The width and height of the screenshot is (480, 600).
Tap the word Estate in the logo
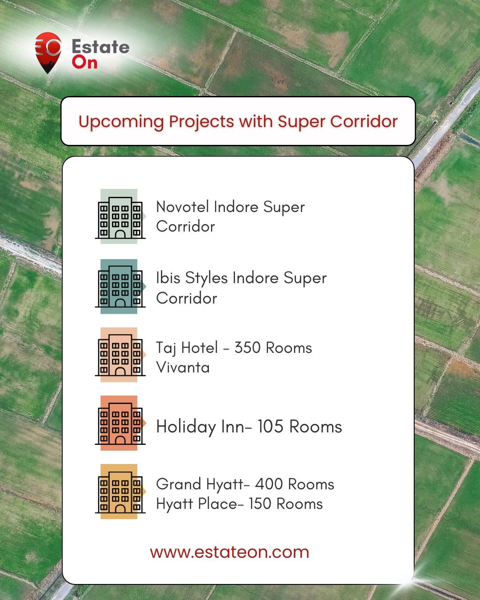101,46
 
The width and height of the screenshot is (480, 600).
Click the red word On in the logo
85,63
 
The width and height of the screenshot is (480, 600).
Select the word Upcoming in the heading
121,122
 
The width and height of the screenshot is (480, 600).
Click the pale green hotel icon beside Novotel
120,216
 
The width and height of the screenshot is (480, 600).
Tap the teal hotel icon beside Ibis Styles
120,286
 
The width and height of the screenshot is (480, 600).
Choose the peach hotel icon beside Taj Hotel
120,355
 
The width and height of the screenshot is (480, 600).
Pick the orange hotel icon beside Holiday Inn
120,423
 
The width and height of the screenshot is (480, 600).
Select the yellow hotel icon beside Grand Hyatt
120,492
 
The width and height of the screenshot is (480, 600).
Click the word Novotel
183,207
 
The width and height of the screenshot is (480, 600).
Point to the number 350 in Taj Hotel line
247,348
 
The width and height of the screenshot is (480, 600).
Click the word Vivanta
183,367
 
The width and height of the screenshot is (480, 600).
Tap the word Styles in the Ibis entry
206,278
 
